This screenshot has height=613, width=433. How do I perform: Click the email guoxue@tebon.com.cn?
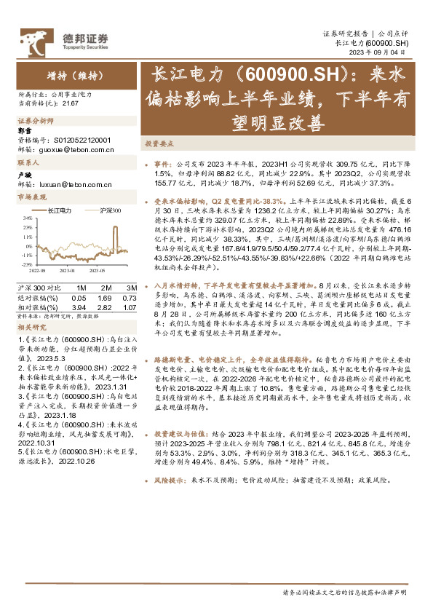click(75, 149)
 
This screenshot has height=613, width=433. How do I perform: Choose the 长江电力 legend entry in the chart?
click(56, 210)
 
